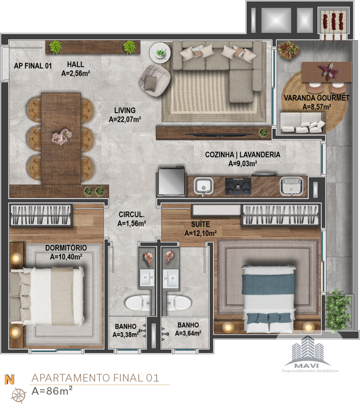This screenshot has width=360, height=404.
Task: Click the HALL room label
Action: click(75, 64)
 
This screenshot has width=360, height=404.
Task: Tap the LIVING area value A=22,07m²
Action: click(125, 119)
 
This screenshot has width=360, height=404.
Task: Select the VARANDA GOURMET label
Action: click(316, 98)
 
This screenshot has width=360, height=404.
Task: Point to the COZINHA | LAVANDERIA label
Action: click(243, 154)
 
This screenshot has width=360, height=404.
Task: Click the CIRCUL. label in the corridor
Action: click(131, 214)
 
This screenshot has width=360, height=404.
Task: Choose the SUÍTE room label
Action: click(200, 224)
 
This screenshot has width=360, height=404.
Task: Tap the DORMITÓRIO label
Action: click(66, 248)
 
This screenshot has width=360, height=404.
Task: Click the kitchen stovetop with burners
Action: click(238, 186)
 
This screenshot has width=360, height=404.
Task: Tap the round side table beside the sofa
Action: click(160, 52)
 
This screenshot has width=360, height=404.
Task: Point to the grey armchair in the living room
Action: click(155, 80)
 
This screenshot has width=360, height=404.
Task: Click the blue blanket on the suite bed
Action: click(269, 284)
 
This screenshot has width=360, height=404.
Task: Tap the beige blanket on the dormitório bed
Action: click(63, 296)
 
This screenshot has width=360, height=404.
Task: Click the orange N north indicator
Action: click(9, 380)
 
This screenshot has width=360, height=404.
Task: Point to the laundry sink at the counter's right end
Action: click(292, 186)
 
